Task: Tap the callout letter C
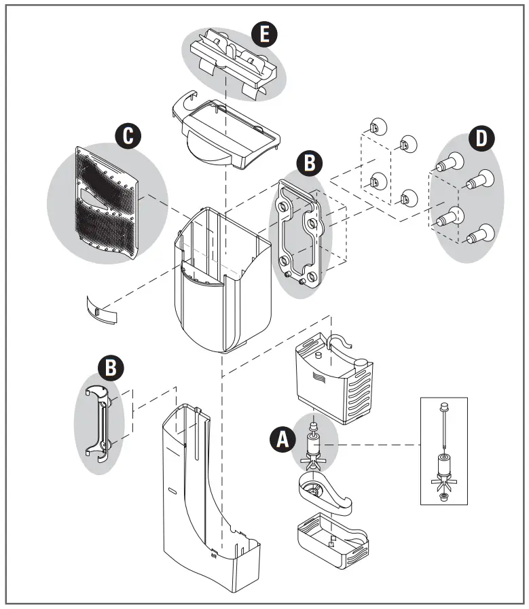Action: pos(127,135)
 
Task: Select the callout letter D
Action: pos(481,138)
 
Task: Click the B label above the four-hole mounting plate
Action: pos(309,163)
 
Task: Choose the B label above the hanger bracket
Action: pos(111,368)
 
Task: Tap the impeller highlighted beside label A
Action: pos(313,448)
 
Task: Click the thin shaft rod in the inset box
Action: pos(443,429)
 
